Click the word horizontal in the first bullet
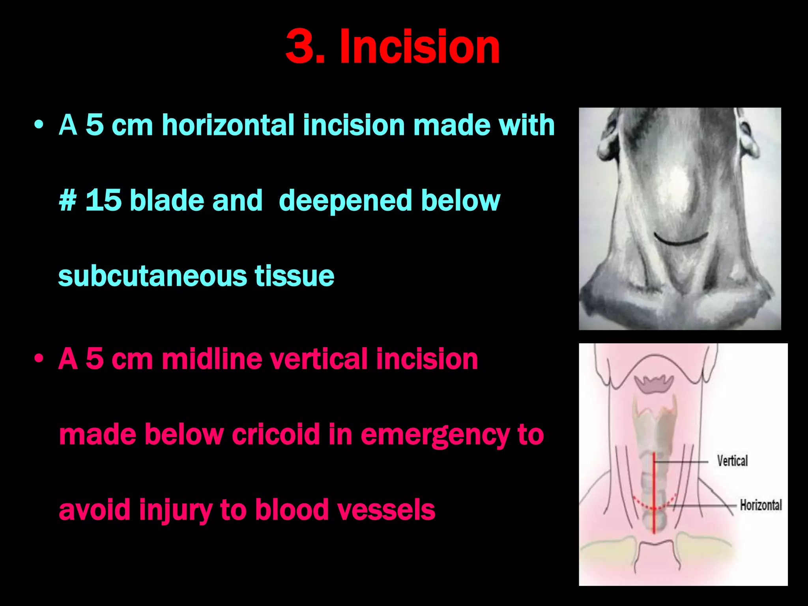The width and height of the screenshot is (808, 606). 228,125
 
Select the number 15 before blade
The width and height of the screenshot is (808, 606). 103,200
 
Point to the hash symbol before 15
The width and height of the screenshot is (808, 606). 67,200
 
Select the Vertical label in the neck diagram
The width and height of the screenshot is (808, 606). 732,461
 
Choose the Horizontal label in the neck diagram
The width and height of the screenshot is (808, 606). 760,505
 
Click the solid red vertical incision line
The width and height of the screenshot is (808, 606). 654,493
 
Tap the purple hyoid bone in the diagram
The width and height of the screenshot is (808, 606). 654,383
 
